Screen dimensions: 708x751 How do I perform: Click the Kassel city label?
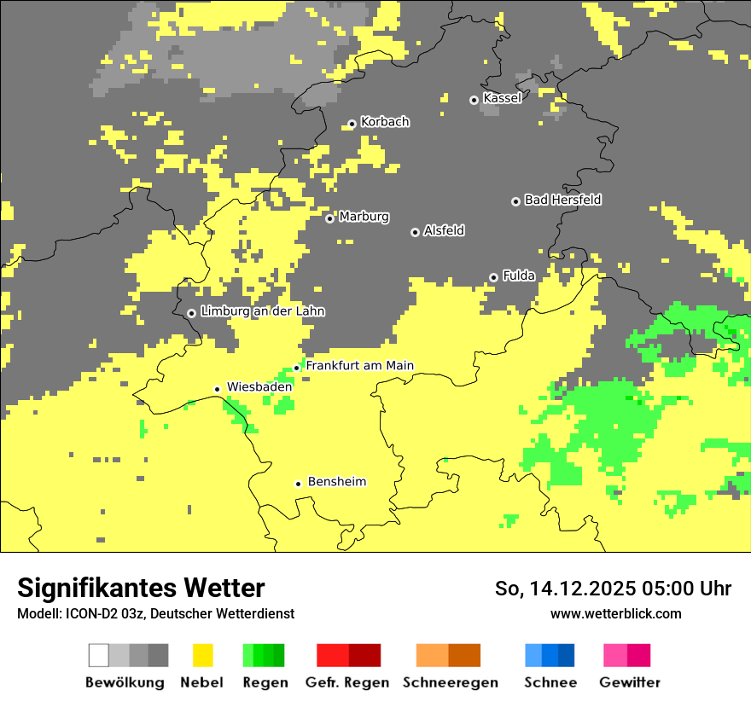[x=502, y=98]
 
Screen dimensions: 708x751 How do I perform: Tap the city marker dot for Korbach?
[x=352, y=124]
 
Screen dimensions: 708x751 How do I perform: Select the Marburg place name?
[x=364, y=217]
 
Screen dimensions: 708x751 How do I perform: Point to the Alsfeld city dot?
[x=415, y=232]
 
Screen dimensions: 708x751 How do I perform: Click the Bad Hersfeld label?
[x=562, y=200]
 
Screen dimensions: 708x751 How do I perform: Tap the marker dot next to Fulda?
[x=493, y=277]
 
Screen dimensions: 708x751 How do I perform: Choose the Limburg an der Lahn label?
[x=262, y=311]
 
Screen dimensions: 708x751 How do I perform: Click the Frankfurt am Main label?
[x=359, y=366]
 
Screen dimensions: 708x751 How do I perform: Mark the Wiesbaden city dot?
[x=217, y=389]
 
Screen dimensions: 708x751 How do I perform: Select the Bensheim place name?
[x=336, y=482]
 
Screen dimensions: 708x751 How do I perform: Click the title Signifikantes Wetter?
[x=141, y=588]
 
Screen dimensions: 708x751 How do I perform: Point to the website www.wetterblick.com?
[x=615, y=613]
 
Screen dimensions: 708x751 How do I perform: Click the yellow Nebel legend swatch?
[x=202, y=655]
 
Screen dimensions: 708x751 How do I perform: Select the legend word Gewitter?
[x=629, y=682]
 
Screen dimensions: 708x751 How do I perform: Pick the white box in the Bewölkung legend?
[x=99, y=655]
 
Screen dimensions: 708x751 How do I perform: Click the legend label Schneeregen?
[x=451, y=682]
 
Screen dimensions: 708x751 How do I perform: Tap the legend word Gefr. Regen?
[x=347, y=682]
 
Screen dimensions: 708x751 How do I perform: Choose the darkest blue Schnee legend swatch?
[x=567, y=655]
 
